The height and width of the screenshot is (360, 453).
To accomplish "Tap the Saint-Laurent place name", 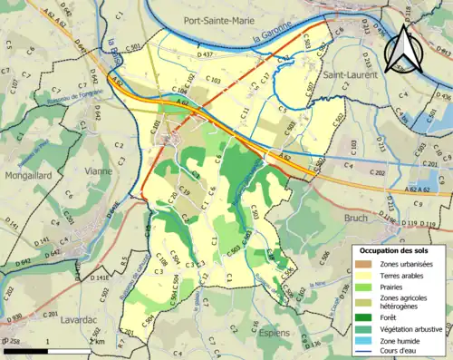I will coord(361,77).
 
